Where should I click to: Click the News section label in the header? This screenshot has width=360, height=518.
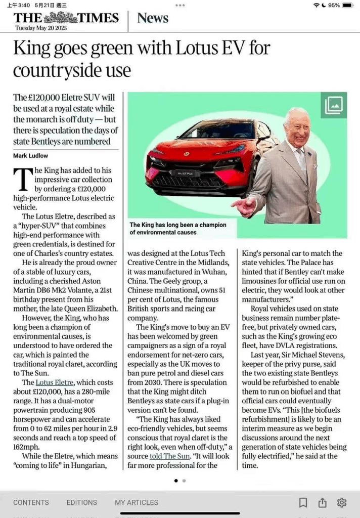tap(153, 18)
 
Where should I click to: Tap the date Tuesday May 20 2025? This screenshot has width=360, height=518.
tap(41, 28)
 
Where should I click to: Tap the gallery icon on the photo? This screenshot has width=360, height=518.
tap(334, 105)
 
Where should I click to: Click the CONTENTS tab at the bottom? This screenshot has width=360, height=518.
tap(31, 502)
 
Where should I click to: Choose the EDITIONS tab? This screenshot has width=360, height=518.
tap(82, 502)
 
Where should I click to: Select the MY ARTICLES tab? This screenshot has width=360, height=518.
tap(137, 502)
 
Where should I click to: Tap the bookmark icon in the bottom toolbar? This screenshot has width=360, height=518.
tap(303, 502)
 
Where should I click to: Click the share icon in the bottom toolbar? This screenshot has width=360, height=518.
tap(322, 502)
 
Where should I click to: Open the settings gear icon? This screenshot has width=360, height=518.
tap(342, 502)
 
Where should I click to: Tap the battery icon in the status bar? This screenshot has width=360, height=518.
tap(347, 5)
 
